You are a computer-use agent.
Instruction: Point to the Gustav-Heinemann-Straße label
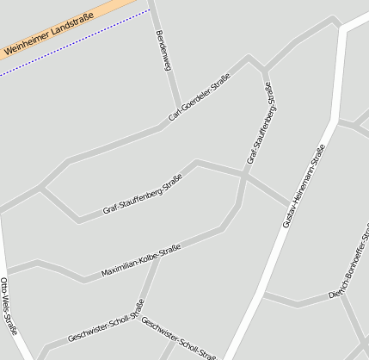point(304,185)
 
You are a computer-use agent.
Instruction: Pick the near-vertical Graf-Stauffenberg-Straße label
point(261,123)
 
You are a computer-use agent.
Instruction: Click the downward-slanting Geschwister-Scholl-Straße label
point(178,338)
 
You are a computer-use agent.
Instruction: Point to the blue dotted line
point(77,44)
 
